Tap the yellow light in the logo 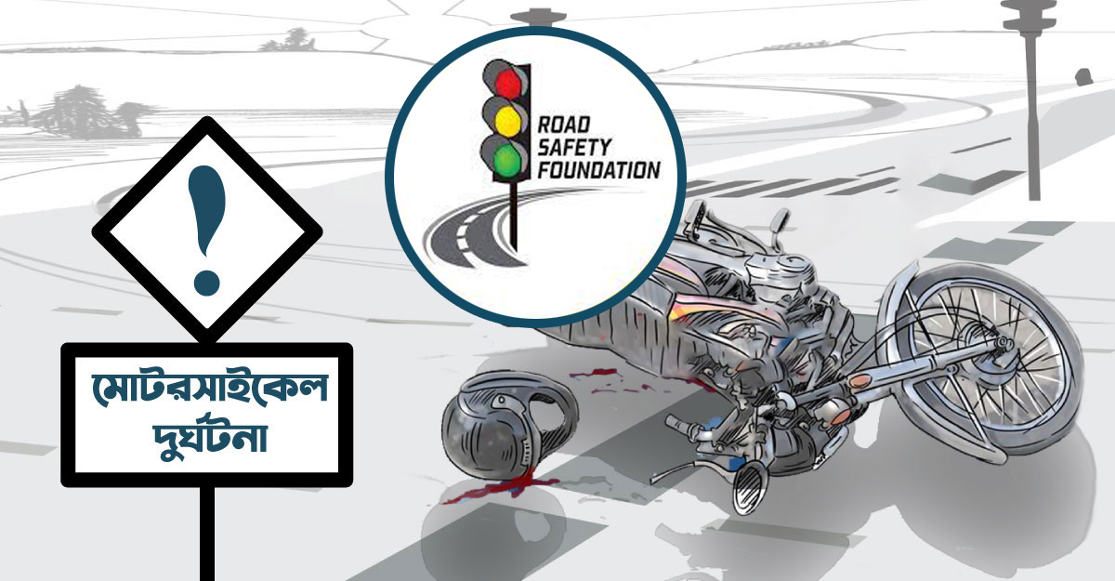pos(506,117)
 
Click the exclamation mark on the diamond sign pos(206,227)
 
